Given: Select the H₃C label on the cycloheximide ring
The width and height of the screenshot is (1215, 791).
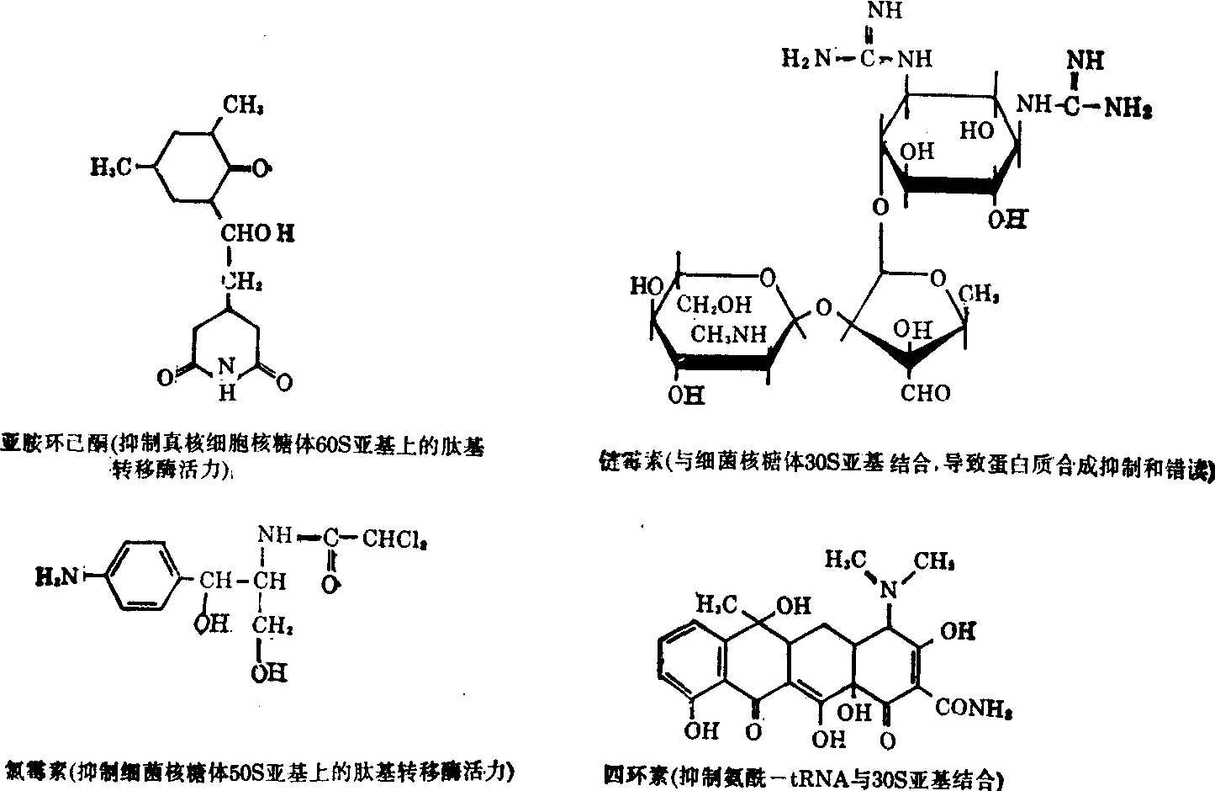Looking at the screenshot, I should pyautogui.click(x=111, y=167).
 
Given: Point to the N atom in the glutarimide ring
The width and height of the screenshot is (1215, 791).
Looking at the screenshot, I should pyautogui.click(x=224, y=367).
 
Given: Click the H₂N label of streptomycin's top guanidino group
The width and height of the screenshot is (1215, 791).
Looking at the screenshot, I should pyautogui.click(x=806, y=58).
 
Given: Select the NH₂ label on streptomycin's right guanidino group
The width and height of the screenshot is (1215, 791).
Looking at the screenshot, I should pyautogui.click(x=1128, y=107).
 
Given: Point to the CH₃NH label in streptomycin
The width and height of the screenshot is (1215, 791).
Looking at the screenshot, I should pyautogui.click(x=729, y=334).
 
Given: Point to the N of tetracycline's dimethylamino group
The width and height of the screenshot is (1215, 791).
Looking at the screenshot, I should pyautogui.click(x=888, y=592).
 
